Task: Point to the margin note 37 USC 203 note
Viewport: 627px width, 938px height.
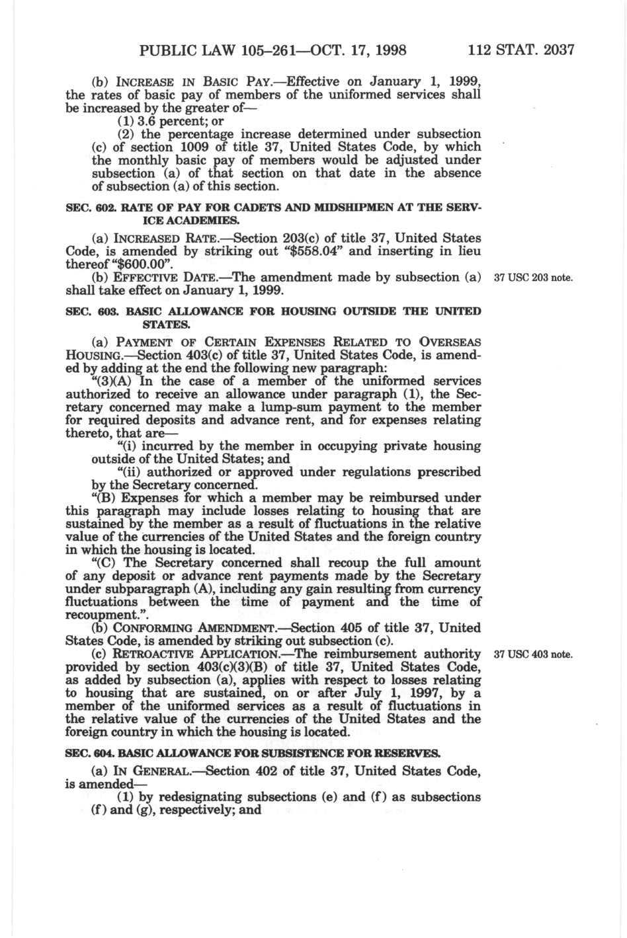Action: tap(533, 278)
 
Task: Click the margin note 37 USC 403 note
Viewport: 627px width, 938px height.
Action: tap(533, 655)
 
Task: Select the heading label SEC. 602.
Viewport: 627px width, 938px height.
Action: tap(86, 207)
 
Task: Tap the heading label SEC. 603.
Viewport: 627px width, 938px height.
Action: tap(86, 311)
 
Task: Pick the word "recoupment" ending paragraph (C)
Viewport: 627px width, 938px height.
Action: tap(102, 615)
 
